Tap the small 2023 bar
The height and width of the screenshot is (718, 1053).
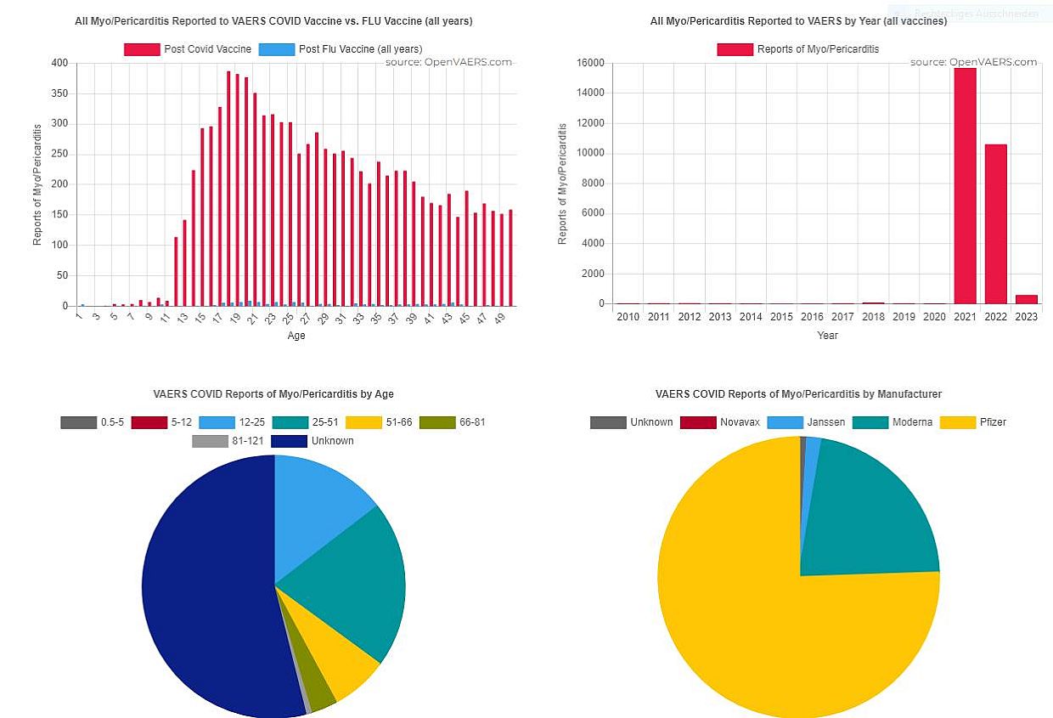[x=1026, y=299]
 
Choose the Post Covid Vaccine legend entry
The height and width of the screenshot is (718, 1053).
[x=188, y=49]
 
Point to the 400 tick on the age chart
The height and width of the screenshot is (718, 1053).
[x=59, y=63]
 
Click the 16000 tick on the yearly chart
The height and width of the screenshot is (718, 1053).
[x=590, y=63]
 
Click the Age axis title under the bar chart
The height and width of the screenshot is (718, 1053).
[x=296, y=336]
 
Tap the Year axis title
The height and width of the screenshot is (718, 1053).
[x=827, y=336]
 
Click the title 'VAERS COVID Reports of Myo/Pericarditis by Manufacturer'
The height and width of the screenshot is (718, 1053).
[x=798, y=394]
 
